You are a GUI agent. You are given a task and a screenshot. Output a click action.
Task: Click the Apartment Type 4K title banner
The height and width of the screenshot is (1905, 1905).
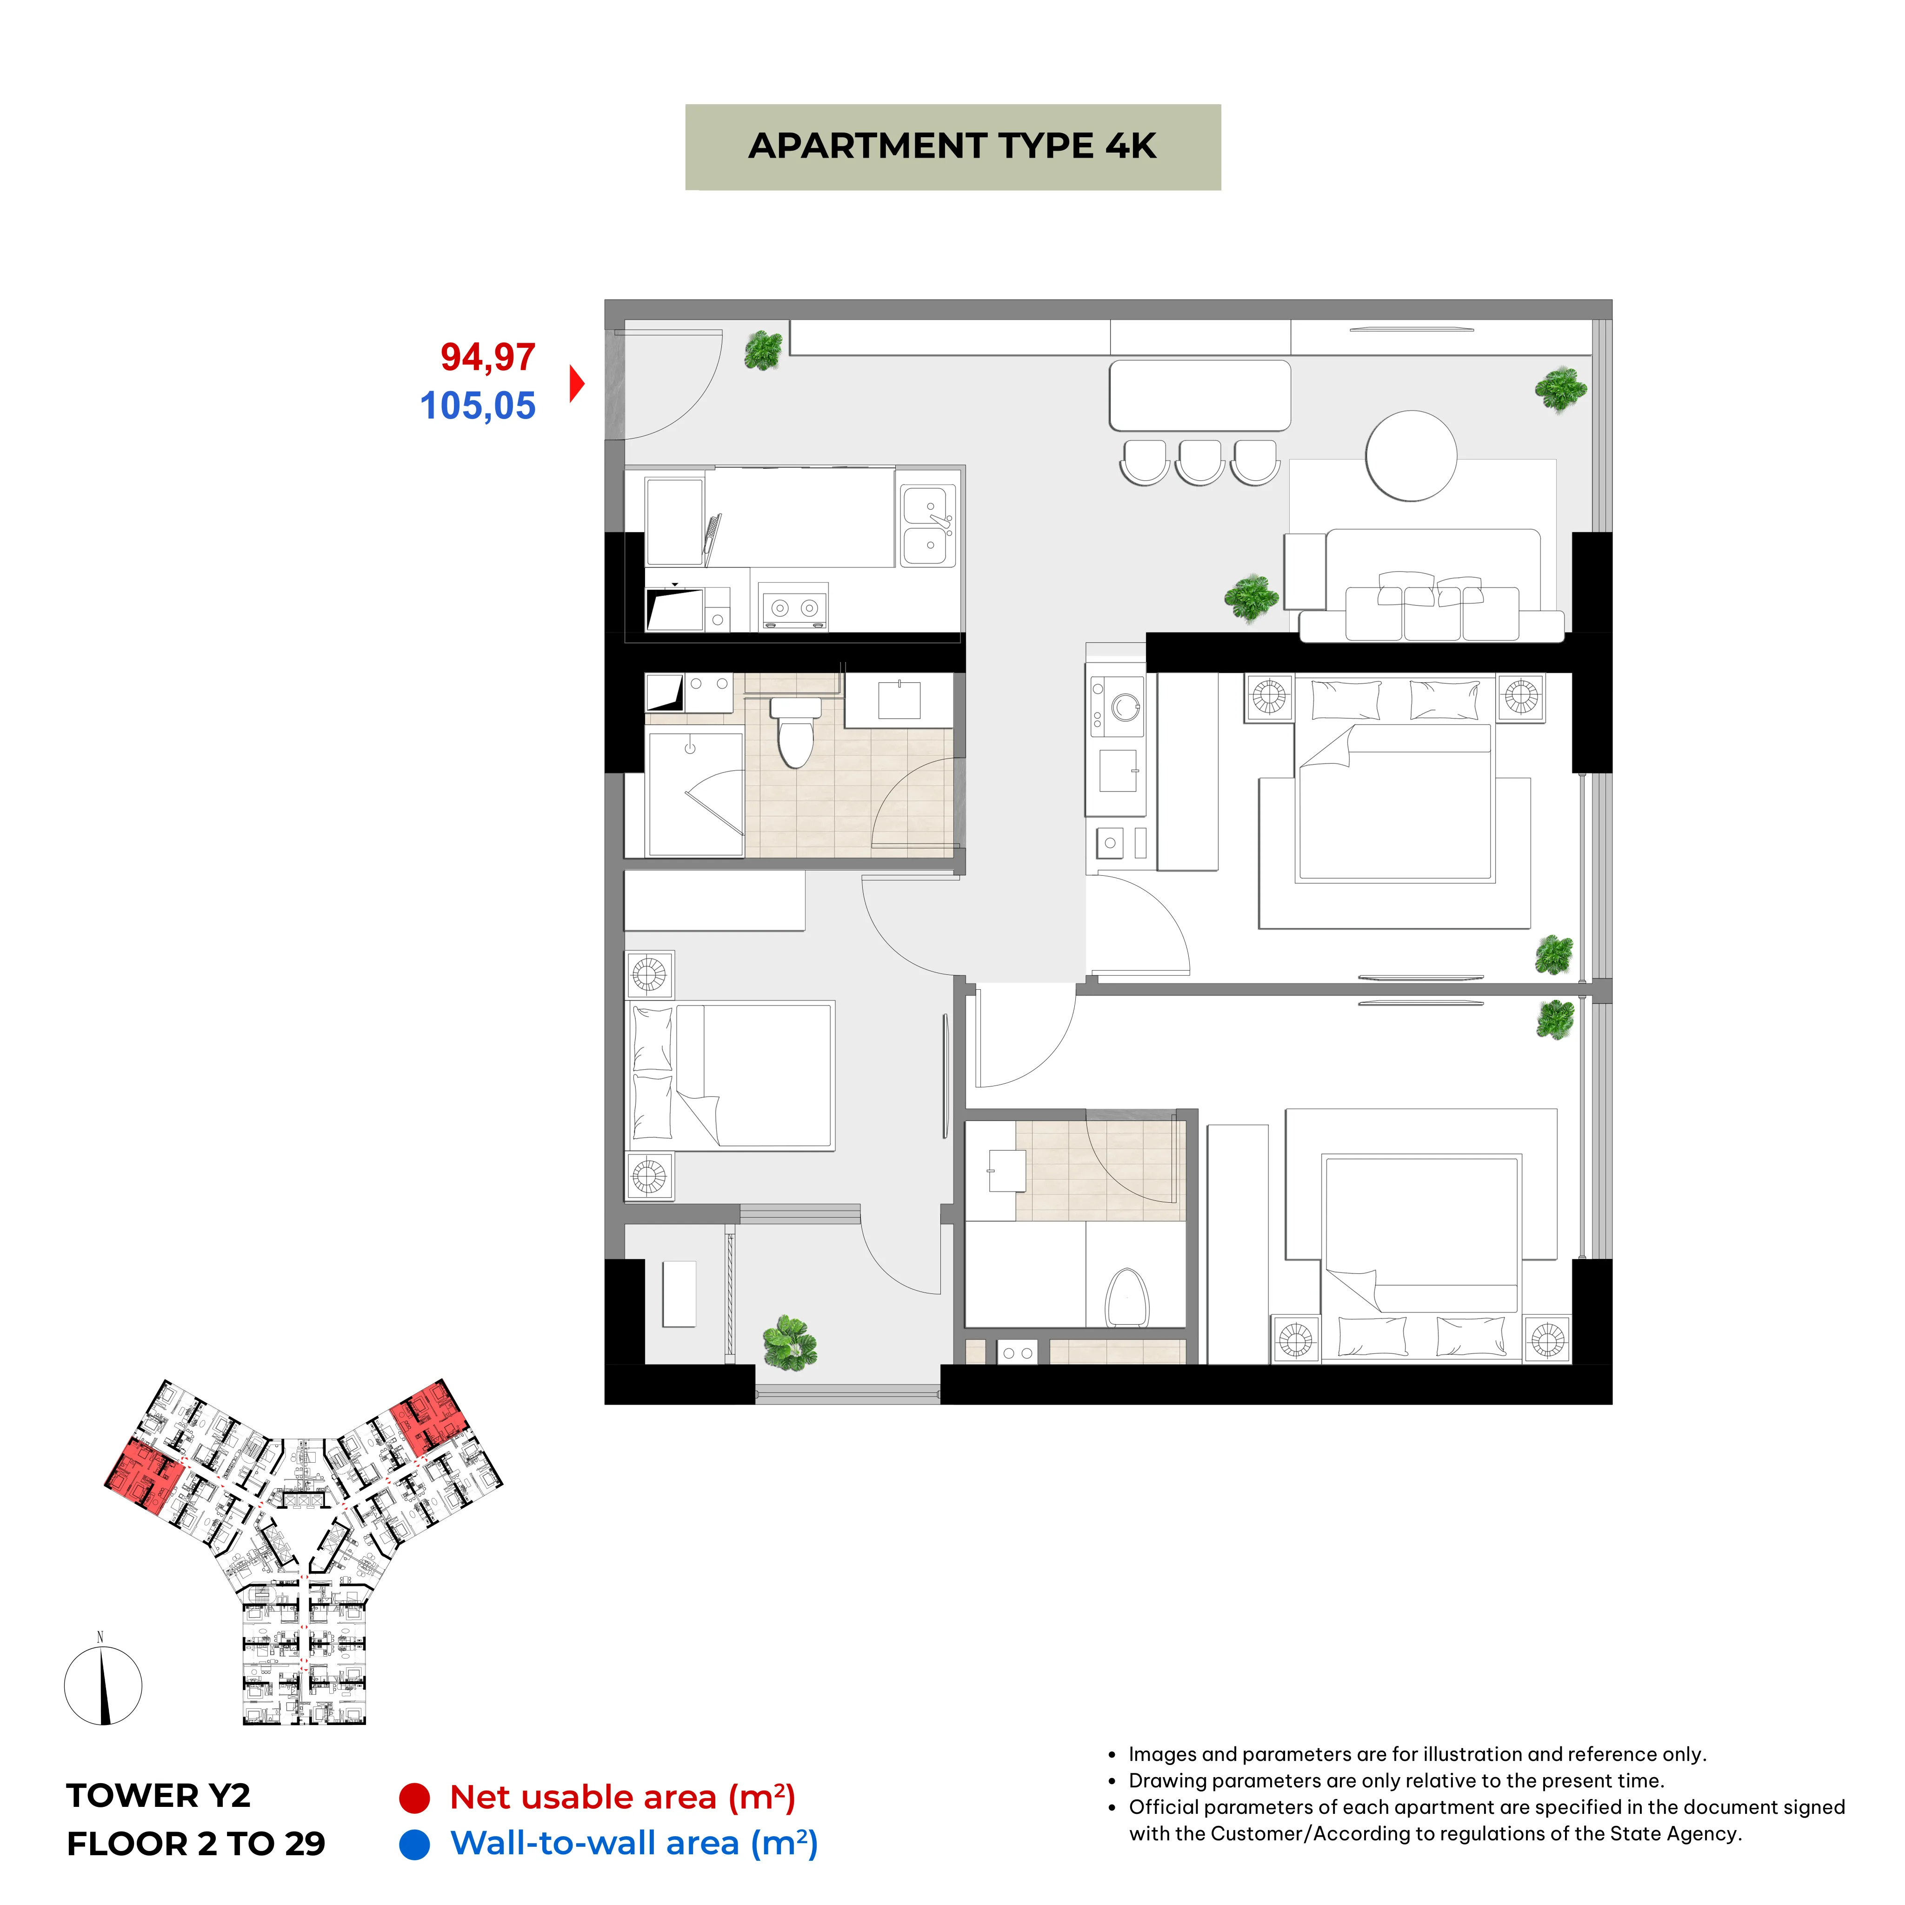(952, 147)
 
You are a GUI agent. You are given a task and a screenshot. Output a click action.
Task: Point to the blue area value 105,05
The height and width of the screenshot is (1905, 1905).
(478, 405)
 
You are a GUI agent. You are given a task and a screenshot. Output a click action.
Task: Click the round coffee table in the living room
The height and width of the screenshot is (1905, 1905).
(1411, 455)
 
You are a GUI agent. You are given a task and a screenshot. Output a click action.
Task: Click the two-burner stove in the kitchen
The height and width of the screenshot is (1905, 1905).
(794, 606)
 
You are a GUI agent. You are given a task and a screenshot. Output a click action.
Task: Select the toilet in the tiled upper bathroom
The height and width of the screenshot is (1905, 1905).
(795, 733)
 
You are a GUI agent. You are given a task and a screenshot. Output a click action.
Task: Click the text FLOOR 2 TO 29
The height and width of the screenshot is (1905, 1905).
(196, 1843)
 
